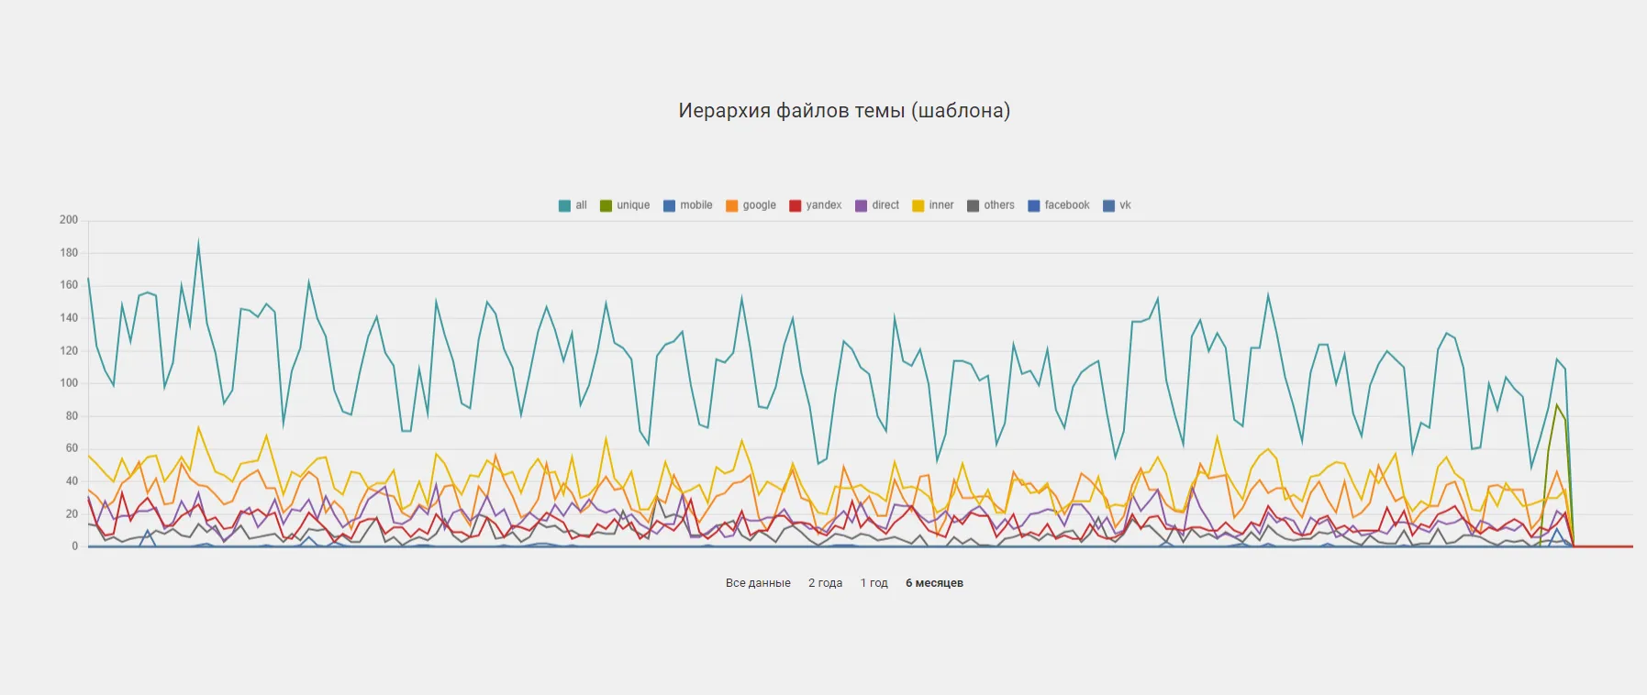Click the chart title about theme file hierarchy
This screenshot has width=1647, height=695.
click(x=844, y=111)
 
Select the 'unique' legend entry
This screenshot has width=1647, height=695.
click(x=625, y=205)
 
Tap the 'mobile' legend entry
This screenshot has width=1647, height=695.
click(x=688, y=205)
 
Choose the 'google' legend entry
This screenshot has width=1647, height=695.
click(x=751, y=205)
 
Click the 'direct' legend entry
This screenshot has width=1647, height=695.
click(x=877, y=205)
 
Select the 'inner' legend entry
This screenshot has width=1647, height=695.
click(x=933, y=205)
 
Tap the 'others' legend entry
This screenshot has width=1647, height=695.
click(x=991, y=205)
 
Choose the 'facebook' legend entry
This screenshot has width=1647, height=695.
click(x=1059, y=205)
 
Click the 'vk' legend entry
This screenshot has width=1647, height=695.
click(x=1118, y=205)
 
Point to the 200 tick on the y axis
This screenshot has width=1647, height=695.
click(x=69, y=220)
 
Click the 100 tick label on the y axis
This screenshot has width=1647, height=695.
click(x=69, y=383)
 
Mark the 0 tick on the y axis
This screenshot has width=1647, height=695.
click(x=75, y=546)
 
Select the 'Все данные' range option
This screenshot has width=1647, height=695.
click(x=758, y=583)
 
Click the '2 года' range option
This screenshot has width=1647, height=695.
click(x=825, y=583)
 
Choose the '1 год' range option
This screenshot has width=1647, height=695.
click(x=874, y=583)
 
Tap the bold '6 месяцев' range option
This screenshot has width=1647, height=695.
click(x=934, y=583)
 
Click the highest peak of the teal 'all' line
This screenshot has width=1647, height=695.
click(x=198, y=243)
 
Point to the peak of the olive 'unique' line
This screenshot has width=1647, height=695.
click(x=1556, y=404)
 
